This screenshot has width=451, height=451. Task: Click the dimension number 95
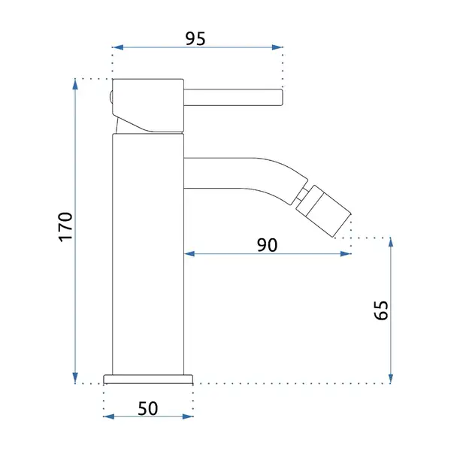pos(195,39)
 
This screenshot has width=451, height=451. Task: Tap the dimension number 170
pos(66,227)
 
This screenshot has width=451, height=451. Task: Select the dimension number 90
pos(267,245)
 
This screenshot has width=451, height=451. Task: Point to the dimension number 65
pos(381,310)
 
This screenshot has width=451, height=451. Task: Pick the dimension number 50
pos(148,408)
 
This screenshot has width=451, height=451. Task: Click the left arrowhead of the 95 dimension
pos(118,47)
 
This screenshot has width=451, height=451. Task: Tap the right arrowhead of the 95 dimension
pos(277,47)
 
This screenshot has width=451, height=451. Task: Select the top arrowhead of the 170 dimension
pos(75,84)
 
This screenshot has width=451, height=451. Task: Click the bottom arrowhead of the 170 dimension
pos(75,378)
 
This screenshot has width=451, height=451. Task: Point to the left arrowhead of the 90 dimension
pos(189,254)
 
